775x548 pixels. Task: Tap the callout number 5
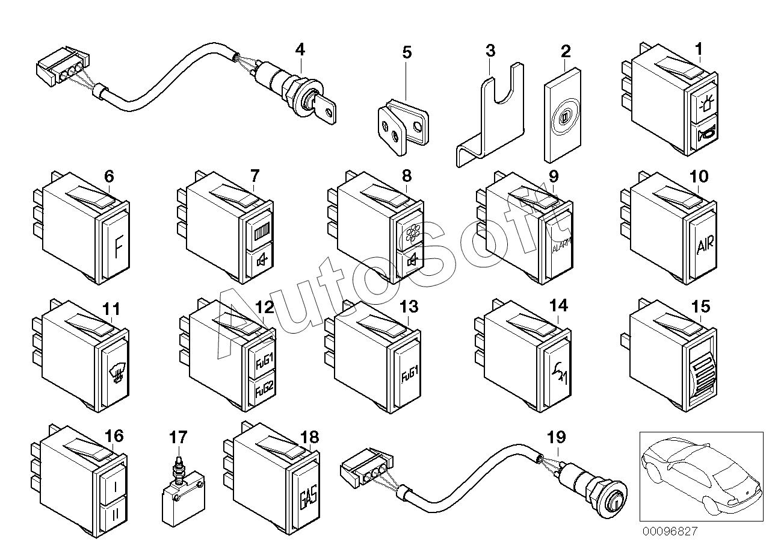407,52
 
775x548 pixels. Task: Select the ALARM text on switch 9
560,247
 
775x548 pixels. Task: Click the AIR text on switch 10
705,246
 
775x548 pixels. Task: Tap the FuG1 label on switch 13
411,378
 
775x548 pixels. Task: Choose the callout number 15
700,307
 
